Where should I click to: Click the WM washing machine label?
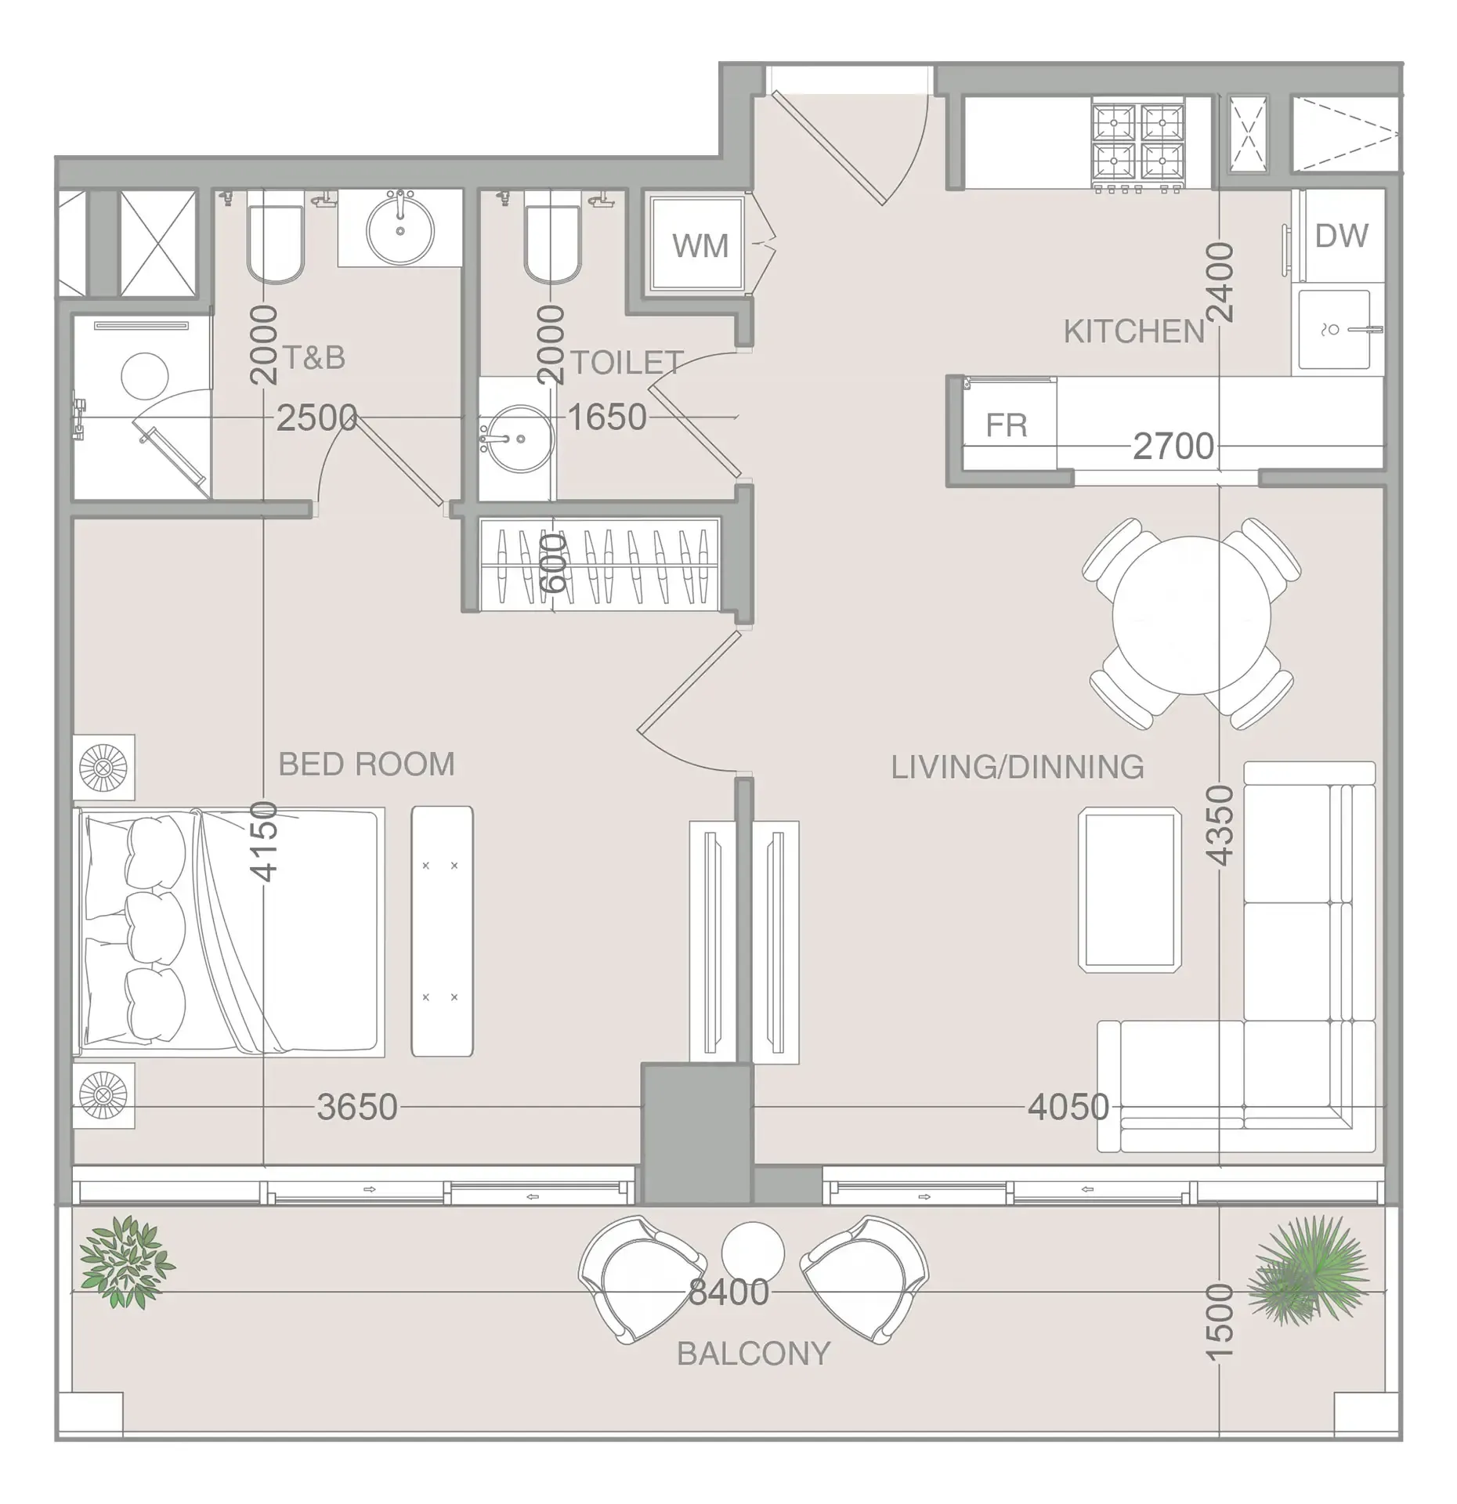coord(700,246)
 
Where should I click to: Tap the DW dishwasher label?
coord(1341,236)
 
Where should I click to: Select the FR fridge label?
coord(1006,425)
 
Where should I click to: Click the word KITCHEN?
coord(1133,332)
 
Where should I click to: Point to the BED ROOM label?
coord(367,764)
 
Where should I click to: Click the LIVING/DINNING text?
coord(1018,767)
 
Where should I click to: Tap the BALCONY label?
coord(754,1354)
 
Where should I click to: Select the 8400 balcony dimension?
coord(728,1292)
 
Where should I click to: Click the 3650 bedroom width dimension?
coord(357,1107)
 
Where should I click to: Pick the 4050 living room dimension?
coord(1068,1107)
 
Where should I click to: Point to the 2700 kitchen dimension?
coord(1173,446)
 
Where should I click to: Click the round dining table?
coord(1191,616)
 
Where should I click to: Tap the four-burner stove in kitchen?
coord(1138,145)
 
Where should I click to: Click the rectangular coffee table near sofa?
coord(1130,889)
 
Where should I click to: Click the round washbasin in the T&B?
coord(400,230)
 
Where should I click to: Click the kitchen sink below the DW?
coord(1334,330)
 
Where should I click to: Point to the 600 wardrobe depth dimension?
coord(553,563)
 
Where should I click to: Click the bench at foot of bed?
coord(442,931)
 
